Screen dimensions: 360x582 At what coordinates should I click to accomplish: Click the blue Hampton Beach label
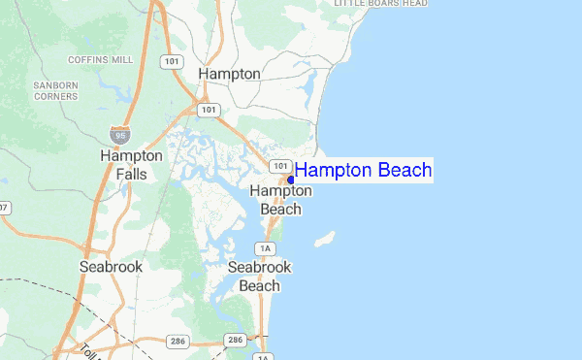tap(364, 171)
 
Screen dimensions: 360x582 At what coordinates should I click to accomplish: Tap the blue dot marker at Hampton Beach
tap(291, 180)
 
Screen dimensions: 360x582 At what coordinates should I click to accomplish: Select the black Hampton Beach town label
tap(281, 200)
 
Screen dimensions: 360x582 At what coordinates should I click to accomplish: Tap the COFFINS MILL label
tap(107, 60)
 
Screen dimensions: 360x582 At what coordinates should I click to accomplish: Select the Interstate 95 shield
tap(119, 134)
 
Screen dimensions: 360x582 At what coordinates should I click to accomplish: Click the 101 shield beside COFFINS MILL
tap(172, 62)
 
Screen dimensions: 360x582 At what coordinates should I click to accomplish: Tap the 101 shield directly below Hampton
tap(210, 110)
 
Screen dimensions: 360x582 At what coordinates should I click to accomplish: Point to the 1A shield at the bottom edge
tap(262, 356)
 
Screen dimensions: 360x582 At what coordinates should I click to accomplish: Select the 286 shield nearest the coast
tap(234, 341)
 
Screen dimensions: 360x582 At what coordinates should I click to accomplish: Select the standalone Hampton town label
tap(229, 74)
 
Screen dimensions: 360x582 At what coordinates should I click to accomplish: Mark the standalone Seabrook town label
tap(111, 266)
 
